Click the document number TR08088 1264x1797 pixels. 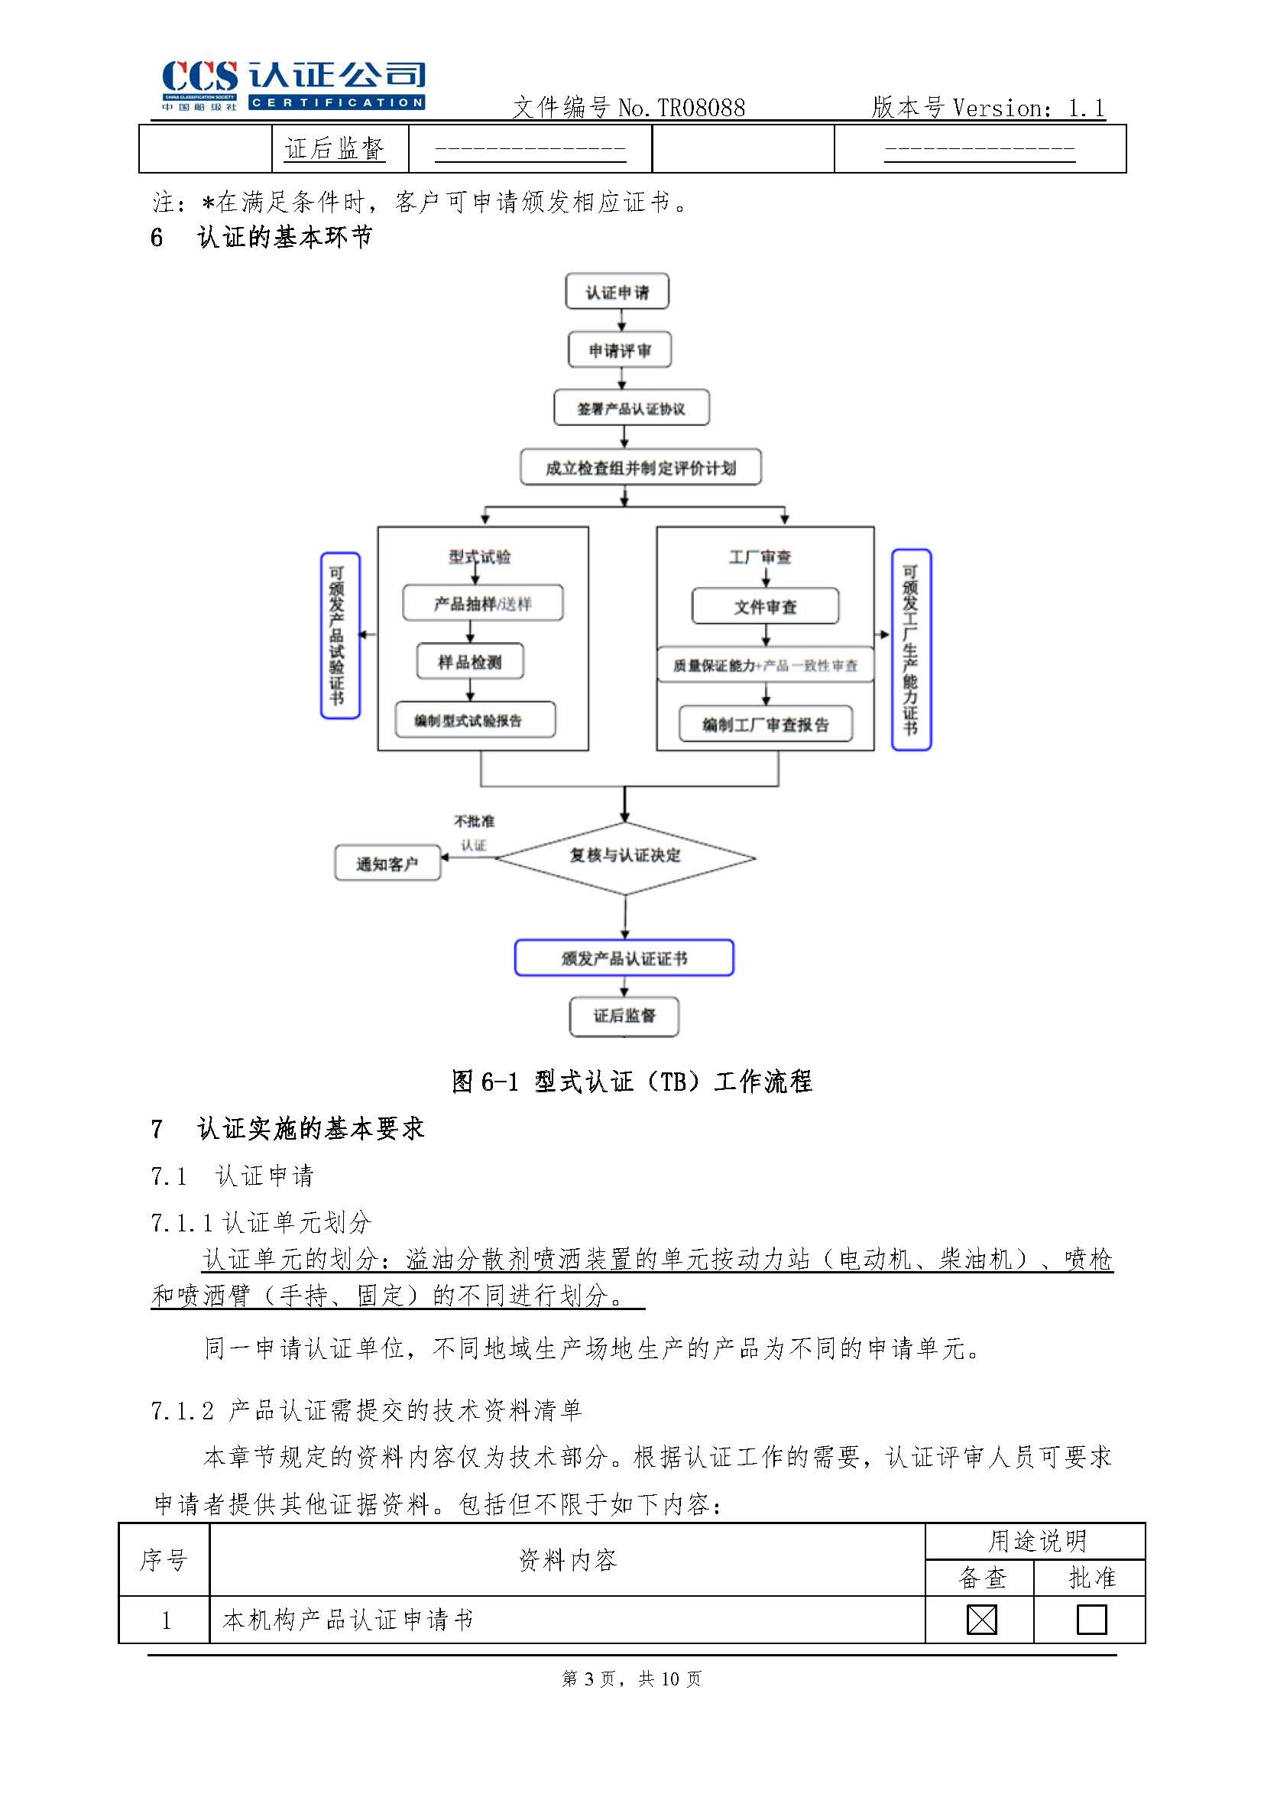coord(701,108)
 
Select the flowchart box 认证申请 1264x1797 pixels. coord(617,292)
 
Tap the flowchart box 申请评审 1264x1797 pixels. coord(619,350)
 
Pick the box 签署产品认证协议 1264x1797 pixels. coord(630,407)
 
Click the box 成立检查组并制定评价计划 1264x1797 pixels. coord(640,467)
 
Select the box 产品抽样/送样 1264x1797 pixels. coord(482,603)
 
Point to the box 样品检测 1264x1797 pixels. coord(469,662)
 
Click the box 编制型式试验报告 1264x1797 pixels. coord(475,720)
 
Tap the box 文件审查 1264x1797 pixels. coord(765,607)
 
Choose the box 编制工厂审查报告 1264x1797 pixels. coord(765,725)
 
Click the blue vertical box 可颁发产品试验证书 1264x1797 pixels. coord(339,635)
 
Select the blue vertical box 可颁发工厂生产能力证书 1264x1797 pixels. coord(911,650)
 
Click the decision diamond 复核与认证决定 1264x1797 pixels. coord(624,857)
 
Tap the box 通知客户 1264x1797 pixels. coord(387,863)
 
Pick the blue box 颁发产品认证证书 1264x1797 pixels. coord(624,958)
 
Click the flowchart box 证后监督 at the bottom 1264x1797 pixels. coord(624,1016)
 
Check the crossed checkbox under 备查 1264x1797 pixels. coord(981,1620)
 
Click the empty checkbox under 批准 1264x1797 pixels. coord(1091,1620)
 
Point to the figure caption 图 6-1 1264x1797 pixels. coord(630,1082)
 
